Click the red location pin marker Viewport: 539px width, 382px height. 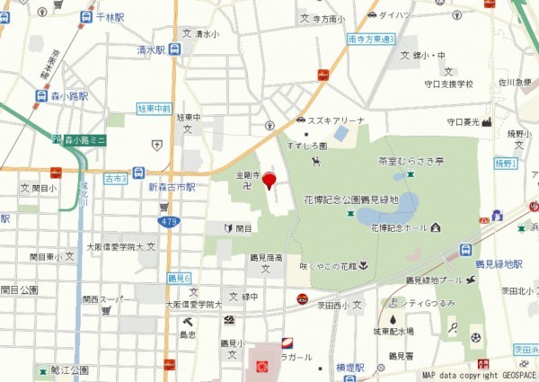point(269,181)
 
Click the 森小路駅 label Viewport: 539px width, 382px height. point(66,94)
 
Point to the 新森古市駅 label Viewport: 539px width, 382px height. point(172,187)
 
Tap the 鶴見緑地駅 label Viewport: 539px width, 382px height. point(499,264)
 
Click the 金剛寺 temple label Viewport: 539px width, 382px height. point(248,176)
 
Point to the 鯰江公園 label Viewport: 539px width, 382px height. point(69,369)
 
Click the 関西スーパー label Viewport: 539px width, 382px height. point(103,298)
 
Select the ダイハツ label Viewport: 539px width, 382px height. point(393,15)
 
